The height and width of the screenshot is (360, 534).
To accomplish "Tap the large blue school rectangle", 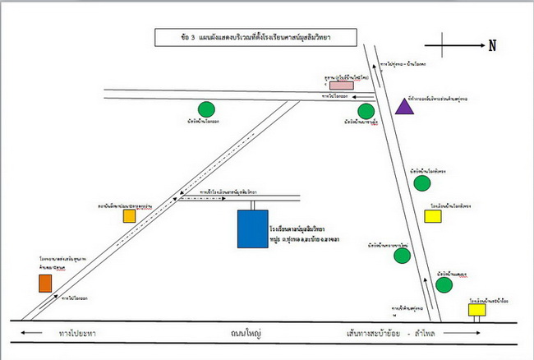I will (x=252, y=228).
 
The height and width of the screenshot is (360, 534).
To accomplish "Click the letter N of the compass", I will (x=492, y=46).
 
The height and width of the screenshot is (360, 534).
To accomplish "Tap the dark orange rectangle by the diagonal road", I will (x=44, y=283).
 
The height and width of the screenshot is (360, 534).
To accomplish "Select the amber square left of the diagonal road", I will (x=129, y=216).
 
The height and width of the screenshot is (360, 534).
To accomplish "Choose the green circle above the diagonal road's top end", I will (x=206, y=108).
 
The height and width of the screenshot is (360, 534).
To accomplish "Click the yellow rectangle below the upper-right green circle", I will (x=432, y=216).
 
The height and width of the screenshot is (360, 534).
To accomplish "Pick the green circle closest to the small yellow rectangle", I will (x=444, y=285).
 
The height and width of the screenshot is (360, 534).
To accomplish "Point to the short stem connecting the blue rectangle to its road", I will (x=253, y=203).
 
